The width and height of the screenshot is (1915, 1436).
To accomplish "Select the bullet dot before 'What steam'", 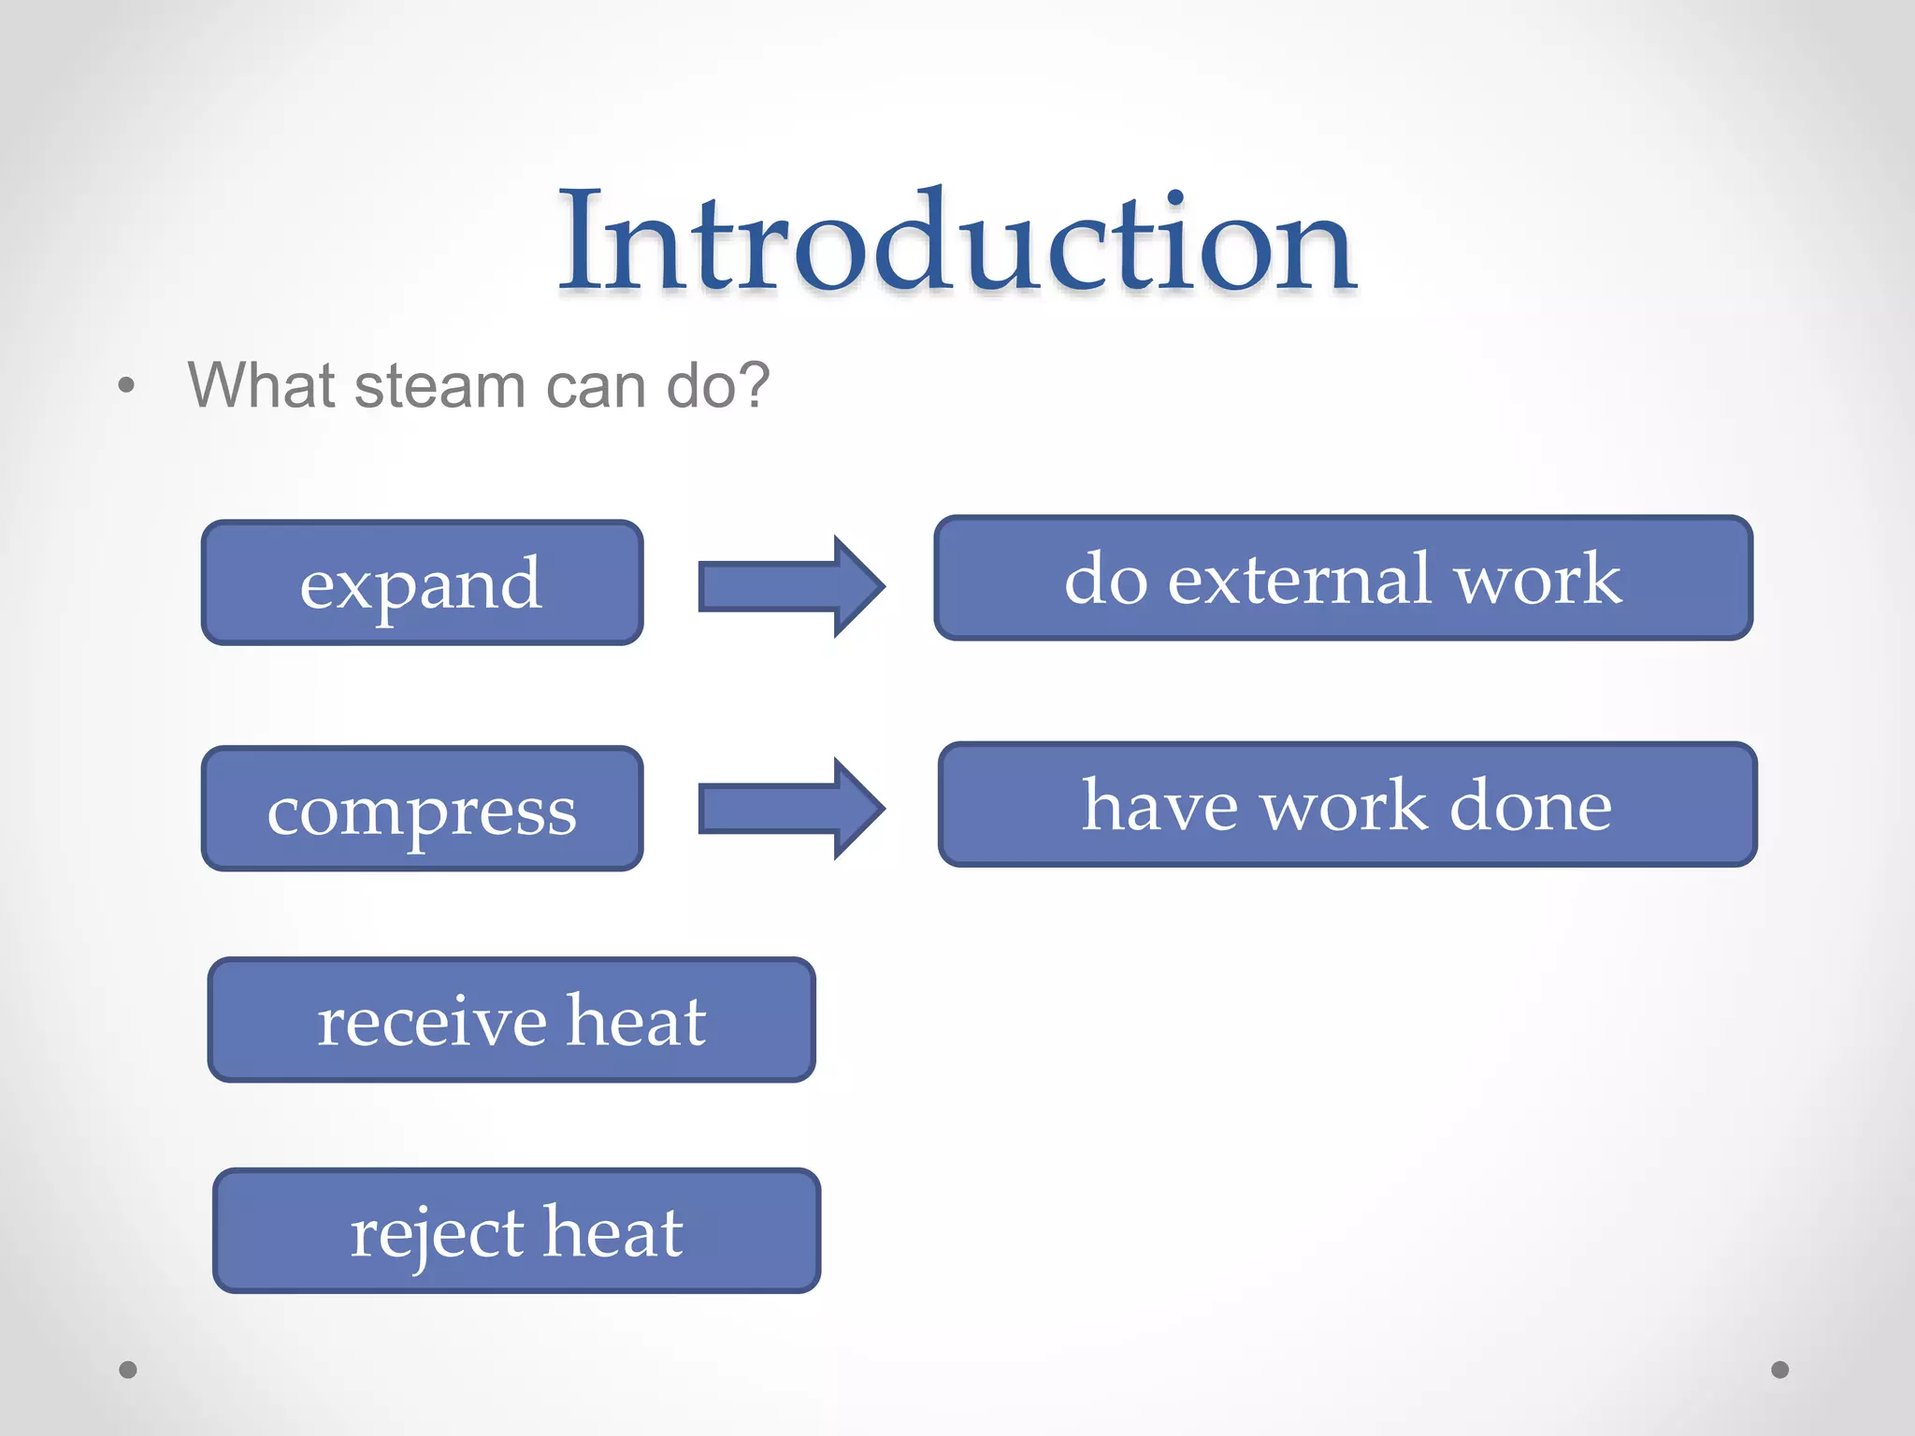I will pos(127,385).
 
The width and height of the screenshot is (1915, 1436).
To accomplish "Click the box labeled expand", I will pos(422,582).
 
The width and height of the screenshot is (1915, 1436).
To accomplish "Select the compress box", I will pos(422,809).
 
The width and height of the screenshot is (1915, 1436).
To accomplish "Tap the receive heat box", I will pos(511,1020).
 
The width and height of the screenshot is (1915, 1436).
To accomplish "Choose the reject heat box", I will pos(516,1231).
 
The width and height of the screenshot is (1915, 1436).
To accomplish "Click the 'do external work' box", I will pos(1343,578).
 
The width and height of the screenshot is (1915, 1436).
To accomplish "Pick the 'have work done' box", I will pos(1346,805).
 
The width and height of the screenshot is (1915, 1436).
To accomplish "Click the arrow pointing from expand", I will pos(790,586).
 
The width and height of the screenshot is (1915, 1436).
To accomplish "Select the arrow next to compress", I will pos(790,809).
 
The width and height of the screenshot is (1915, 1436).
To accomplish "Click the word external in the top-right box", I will pos(1300,580).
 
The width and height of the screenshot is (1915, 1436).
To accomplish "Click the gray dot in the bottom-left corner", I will pos(128,1370).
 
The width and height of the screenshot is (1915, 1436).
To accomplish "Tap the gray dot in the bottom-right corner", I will pos(1780,1370).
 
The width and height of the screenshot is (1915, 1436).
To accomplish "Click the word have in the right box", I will pos(1160,806).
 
